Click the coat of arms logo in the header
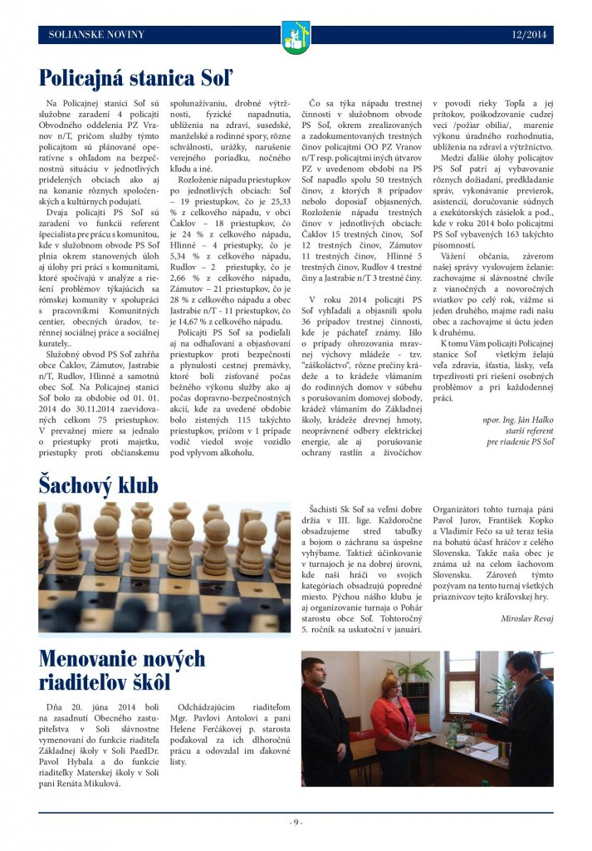pos(296,36)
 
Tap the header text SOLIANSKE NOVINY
pos(96,35)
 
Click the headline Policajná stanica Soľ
pos(136,78)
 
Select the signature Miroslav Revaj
pos(526,618)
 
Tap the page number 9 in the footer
pos(296,822)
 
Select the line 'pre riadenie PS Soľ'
pos(520,441)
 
